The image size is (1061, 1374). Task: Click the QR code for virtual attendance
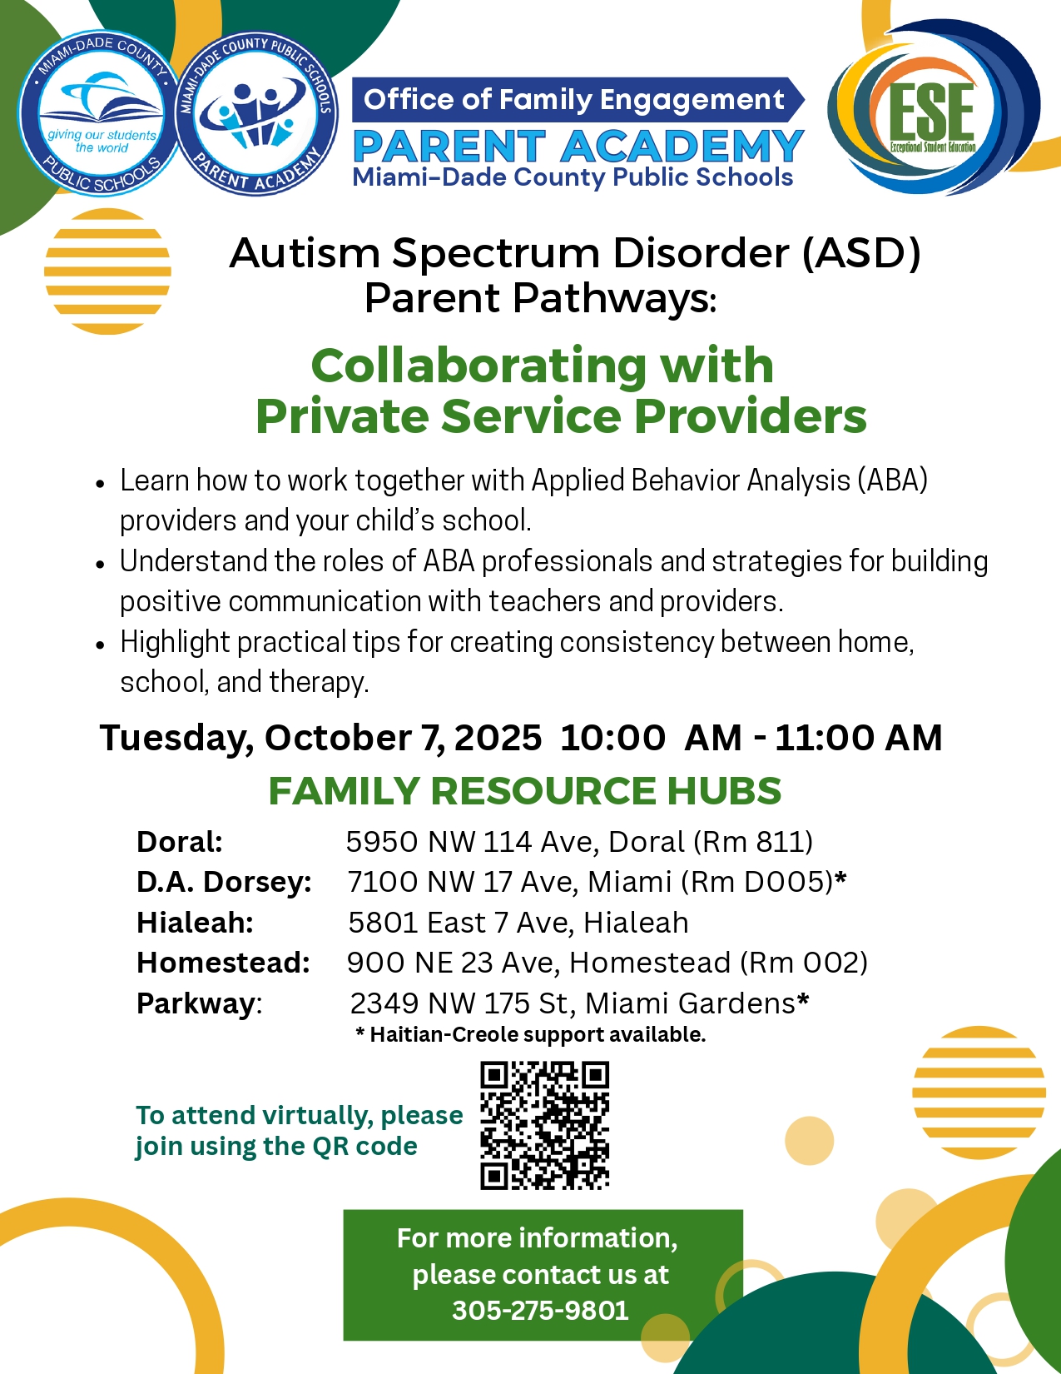[545, 1125]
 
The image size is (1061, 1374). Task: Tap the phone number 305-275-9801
[540, 1311]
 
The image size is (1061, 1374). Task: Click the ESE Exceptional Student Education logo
[932, 109]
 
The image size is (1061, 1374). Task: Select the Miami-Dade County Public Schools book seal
[101, 113]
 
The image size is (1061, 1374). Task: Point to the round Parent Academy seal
[256, 113]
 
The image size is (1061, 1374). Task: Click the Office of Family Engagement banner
[574, 100]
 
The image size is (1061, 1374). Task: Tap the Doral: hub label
[180, 842]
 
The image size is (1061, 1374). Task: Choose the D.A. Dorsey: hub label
[224, 882]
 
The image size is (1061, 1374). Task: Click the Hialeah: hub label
[195, 923]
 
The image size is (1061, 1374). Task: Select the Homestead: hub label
[223, 963]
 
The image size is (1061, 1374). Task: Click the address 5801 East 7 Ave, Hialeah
[518, 923]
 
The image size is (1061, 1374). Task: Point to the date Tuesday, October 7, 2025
[320, 738]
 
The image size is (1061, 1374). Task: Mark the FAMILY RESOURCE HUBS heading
[524, 790]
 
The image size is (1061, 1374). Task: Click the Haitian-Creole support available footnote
[531, 1035]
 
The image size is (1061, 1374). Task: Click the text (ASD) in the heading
[861, 253]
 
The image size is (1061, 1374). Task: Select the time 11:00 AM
[858, 738]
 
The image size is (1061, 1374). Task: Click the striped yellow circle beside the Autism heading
[107, 271]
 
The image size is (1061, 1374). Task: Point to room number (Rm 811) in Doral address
[753, 842]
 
